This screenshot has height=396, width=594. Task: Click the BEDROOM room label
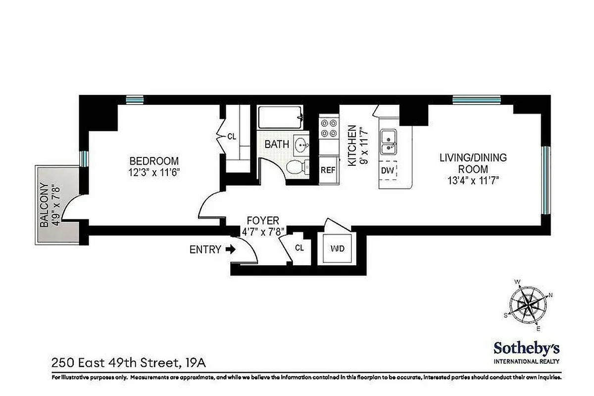point(153,161)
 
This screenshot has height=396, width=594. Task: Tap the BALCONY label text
point(45,204)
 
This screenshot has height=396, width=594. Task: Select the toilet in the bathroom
point(296,167)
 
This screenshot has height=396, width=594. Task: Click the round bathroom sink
point(300,145)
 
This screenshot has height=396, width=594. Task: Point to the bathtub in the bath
point(280,119)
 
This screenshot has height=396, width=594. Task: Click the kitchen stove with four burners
point(328,128)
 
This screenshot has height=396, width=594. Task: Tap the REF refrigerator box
point(328,170)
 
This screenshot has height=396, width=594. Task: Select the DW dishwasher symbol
point(388,171)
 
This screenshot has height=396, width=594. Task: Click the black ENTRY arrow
point(231,249)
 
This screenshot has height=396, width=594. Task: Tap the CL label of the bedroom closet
point(232,137)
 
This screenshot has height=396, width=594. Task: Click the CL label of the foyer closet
point(299,247)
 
